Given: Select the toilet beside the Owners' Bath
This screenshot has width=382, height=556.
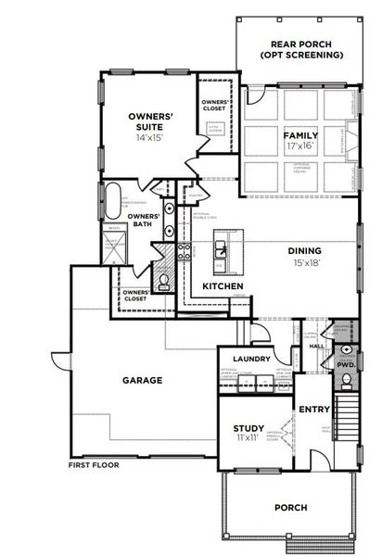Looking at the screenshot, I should click(x=164, y=280).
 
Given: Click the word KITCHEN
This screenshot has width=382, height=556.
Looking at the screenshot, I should click(x=223, y=286).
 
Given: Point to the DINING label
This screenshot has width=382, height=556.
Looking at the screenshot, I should click(x=305, y=249).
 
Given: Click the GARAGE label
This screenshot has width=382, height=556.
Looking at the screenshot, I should click(x=142, y=380).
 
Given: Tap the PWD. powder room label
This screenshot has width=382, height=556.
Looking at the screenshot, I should click(x=346, y=365).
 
